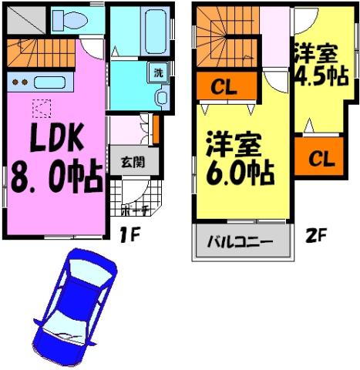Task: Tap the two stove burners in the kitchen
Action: [19, 82]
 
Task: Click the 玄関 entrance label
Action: [133, 162]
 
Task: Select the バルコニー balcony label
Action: [240, 241]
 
